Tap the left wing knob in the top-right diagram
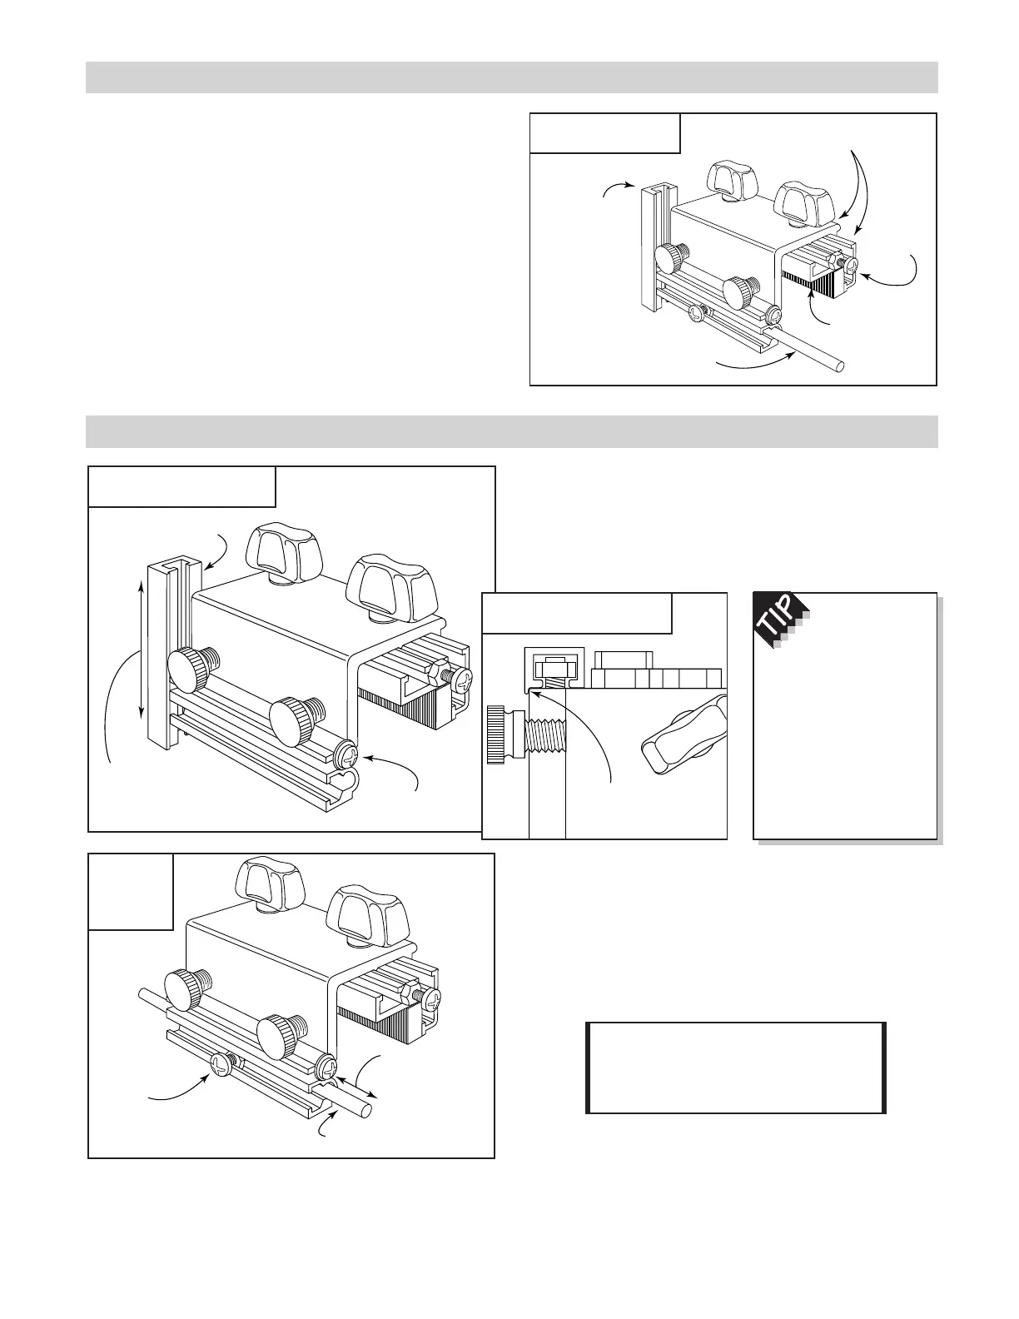(730, 177)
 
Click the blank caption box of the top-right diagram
(605, 133)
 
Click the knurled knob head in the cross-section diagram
(498, 734)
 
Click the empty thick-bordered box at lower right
(736, 1068)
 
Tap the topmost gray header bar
(511, 77)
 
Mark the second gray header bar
(511, 431)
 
